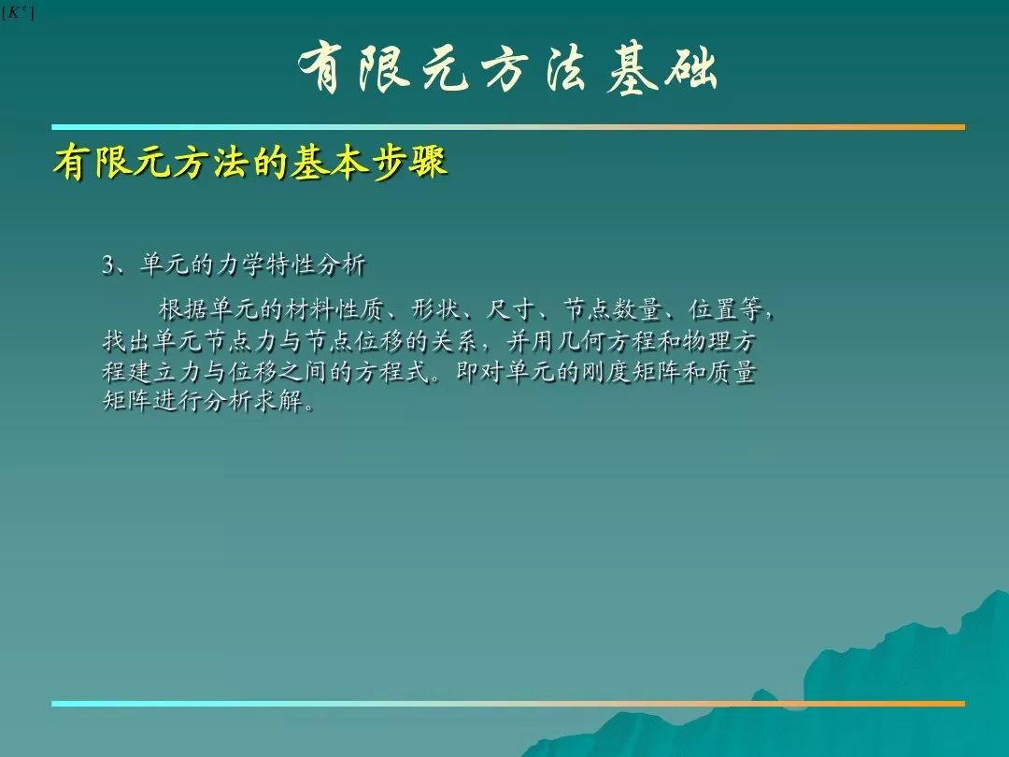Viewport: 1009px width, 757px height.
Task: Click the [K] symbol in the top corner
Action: point(18,12)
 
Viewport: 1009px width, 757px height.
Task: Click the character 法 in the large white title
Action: point(566,69)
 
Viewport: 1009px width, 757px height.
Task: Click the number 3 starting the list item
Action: point(107,265)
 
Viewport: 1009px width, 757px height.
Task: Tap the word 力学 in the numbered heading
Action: point(240,264)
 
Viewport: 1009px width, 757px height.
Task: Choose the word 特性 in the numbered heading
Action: point(291,264)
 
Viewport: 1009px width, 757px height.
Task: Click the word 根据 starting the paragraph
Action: point(183,309)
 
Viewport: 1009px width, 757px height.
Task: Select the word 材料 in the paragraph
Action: point(309,309)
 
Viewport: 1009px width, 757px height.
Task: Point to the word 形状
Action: point(435,309)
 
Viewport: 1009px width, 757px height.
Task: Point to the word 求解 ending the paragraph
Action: point(278,401)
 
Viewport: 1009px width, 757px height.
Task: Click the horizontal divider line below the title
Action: point(508,127)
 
